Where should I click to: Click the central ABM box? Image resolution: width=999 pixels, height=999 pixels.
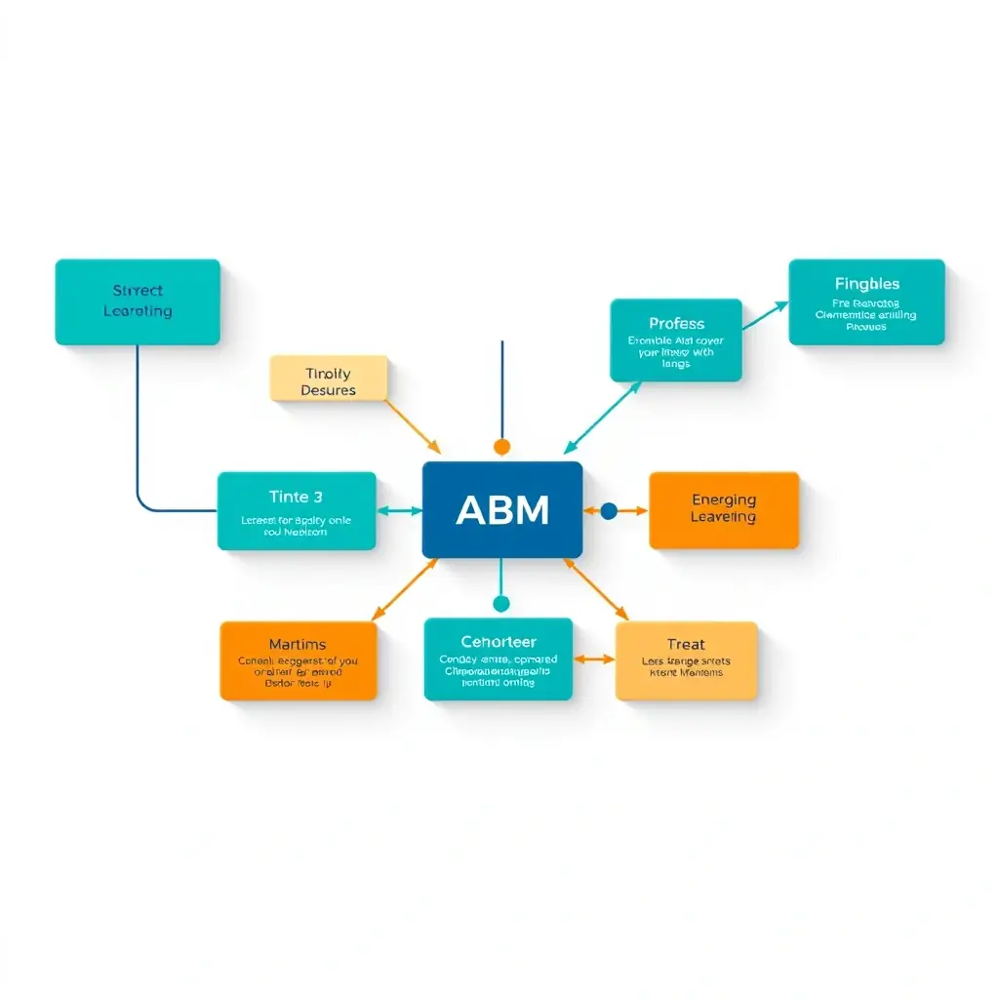(x=501, y=509)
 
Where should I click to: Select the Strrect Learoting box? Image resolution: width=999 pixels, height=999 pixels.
(x=138, y=301)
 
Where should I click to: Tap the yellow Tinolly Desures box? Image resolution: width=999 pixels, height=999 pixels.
(x=329, y=379)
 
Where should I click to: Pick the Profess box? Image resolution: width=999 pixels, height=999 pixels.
(x=676, y=340)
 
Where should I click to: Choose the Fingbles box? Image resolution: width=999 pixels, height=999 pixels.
(x=866, y=301)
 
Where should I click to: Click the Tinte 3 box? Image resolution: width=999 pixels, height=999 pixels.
(x=297, y=511)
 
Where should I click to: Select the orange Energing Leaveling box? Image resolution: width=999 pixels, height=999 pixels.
(x=724, y=510)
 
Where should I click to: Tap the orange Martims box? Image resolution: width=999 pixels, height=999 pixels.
(x=299, y=660)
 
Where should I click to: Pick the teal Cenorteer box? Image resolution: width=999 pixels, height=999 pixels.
(x=499, y=659)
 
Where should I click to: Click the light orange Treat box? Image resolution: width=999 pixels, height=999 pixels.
(x=686, y=660)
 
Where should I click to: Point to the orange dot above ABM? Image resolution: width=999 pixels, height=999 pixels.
(x=501, y=447)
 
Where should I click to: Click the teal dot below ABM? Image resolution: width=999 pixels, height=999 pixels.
(x=501, y=604)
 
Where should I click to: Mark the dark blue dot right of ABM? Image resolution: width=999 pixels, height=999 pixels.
(x=609, y=510)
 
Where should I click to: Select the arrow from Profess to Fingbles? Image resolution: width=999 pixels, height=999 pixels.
(x=765, y=316)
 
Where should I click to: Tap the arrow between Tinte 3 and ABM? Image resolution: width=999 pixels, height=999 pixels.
(x=399, y=510)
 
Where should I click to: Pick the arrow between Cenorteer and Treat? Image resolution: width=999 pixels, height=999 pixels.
(x=594, y=659)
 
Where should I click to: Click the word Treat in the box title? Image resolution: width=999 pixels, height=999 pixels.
(x=686, y=644)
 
